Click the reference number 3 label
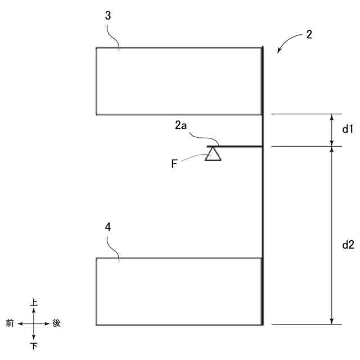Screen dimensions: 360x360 107,15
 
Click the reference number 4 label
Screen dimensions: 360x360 108,227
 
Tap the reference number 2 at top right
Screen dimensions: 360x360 309,34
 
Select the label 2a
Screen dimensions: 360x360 181,127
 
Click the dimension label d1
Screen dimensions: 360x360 348,129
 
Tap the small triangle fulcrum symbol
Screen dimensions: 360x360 213,154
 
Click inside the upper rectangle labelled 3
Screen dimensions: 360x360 179,81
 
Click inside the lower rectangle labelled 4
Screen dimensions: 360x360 179,291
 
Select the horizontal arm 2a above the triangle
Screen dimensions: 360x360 236,146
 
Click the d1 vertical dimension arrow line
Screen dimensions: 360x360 332,130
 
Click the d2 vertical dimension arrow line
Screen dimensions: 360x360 332,235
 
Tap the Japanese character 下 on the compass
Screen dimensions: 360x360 34,346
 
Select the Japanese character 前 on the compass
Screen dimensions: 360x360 10,323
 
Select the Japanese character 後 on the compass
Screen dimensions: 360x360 56,323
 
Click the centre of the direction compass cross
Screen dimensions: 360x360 34,324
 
